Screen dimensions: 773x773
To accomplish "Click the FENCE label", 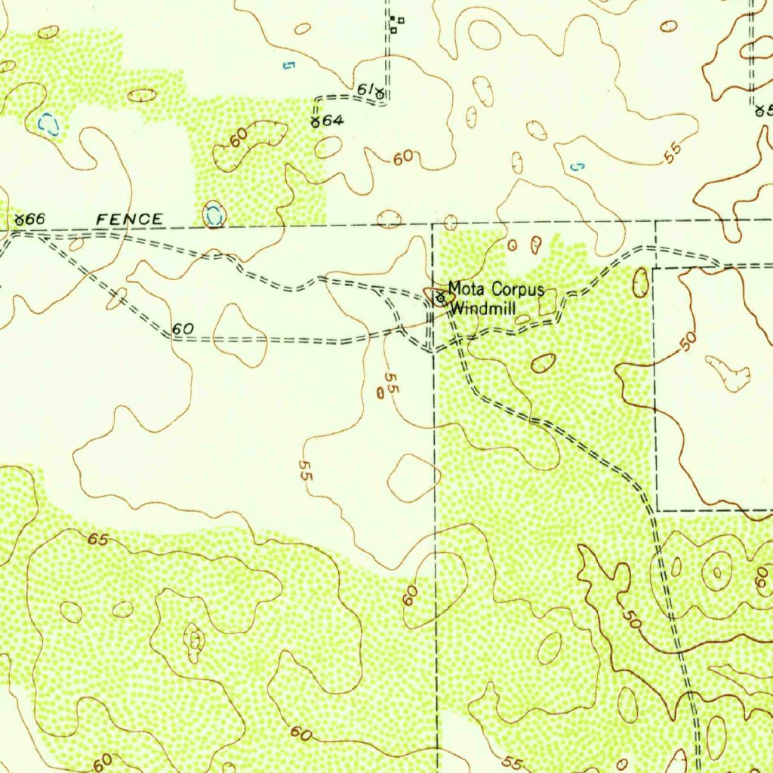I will click(129, 220).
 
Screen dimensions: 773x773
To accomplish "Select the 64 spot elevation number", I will click(333, 121).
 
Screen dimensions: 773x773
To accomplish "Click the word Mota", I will click(466, 288).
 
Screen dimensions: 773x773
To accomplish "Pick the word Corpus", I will click(518, 288).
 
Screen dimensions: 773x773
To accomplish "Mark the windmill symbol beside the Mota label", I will click(439, 299).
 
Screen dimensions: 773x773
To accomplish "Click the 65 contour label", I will click(97, 539).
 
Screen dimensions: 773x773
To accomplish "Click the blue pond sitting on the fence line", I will click(214, 215).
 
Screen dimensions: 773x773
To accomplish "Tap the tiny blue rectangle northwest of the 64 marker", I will click(288, 66).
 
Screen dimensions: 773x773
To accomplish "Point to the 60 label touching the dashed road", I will click(183, 329).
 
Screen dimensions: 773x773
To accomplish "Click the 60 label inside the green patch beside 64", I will click(238, 138).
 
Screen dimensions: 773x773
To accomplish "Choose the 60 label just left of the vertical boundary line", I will click(409, 596).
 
